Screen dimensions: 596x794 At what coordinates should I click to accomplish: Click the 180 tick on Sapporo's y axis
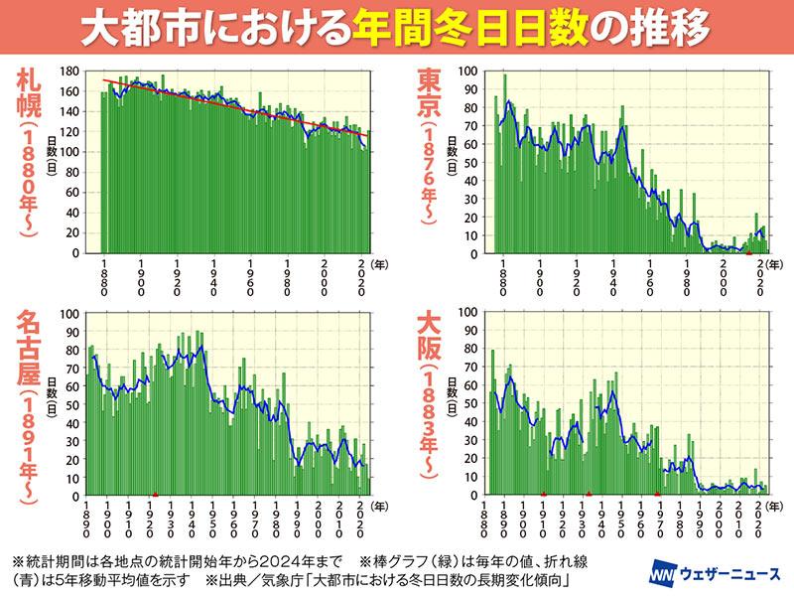tap(68, 72)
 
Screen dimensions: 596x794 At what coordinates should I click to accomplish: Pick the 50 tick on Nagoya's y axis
tap(71, 404)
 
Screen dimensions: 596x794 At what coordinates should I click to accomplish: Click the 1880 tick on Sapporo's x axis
tap(104, 278)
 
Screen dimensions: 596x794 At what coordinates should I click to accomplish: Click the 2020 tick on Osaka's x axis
tap(758, 521)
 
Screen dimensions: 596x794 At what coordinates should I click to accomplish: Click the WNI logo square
tap(663, 576)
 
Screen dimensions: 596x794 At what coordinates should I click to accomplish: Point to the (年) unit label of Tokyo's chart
tap(777, 265)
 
